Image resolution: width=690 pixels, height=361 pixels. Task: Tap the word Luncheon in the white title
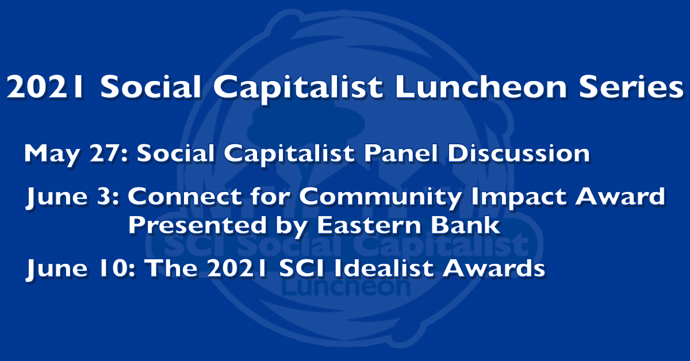click(x=481, y=87)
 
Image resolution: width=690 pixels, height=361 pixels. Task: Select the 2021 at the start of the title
click(x=45, y=87)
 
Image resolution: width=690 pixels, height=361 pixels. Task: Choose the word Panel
click(x=400, y=153)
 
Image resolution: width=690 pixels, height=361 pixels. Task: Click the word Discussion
click(x=519, y=153)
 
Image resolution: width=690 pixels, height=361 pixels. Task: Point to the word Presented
click(x=197, y=225)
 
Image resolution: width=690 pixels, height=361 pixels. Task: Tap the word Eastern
click(x=369, y=225)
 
